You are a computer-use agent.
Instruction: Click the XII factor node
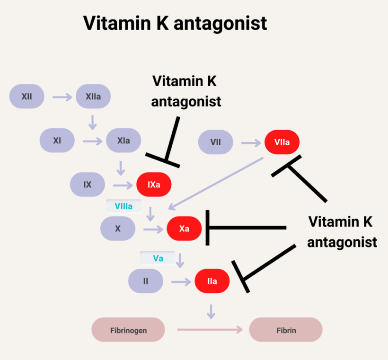coord(27,97)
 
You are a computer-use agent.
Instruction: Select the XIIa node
coord(93,97)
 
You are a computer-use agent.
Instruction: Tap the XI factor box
coord(57,140)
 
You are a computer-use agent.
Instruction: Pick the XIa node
coord(123,140)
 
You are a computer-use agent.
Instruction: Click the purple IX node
coord(88,184)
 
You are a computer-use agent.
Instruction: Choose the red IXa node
coord(154,184)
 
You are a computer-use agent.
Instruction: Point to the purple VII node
coord(215,142)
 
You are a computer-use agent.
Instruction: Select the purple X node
coord(118,229)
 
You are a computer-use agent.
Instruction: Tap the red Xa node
coord(184,229)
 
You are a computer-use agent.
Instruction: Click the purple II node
coord(146,281)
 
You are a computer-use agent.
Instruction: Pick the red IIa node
coord(212,281)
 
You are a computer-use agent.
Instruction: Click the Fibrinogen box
coord(128,330)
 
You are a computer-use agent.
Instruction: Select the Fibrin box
coord(286,330)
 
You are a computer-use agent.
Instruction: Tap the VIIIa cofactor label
coord(123,207)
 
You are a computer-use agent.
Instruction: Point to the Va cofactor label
coord(158,258)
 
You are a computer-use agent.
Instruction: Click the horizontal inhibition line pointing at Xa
coord(246,228)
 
